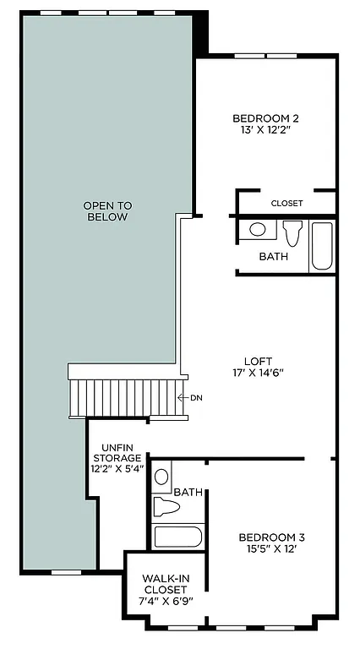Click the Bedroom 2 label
(266, 117)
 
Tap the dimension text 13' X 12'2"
(266, 131)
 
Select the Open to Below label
(107, 211)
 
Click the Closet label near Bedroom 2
(287, 204)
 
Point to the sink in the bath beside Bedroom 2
(257, 229)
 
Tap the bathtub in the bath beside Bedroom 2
(322, 245)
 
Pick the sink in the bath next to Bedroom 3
(163, 476)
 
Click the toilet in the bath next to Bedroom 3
(166, 506)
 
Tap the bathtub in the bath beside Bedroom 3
(177, 537)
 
